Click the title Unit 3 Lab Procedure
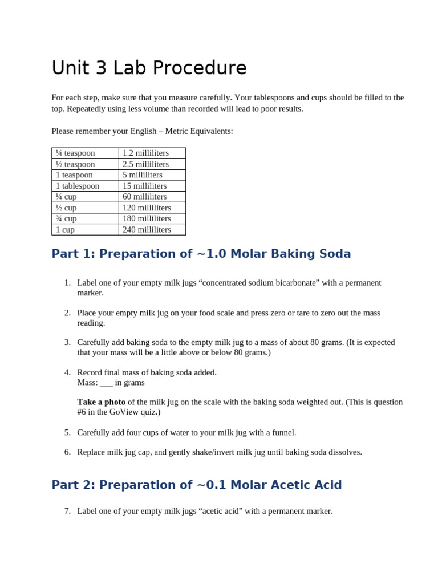pos(149,68)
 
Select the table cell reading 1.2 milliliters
pos(145,153)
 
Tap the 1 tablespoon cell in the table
pos(78,186)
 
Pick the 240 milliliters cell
pos(147,229)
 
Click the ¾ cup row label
pos(66,218)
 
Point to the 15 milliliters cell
pos(144,186)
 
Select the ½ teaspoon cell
pos(75,164)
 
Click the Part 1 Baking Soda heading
pos(201,254)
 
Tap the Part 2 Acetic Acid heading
pos(196,485)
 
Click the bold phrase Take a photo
pos(101,401)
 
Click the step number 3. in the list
pos(67,342)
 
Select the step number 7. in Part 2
pos(67,511)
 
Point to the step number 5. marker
pos(67,432)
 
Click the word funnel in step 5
pos(282,432)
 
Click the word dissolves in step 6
pos(344,452)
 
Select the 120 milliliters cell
pos(147,208)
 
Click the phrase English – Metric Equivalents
pos(181,131)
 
